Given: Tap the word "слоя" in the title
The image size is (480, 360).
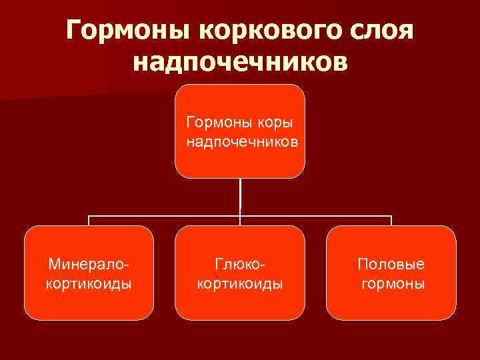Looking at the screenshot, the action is pos(379,30).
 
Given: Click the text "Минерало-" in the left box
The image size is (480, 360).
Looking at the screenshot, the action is pos(89,265).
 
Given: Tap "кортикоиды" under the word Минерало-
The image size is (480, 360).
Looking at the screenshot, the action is pos(89,283).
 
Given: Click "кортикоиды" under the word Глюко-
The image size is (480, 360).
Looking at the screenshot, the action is pos(240,283).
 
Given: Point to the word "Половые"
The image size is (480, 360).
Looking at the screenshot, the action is pos(391,265).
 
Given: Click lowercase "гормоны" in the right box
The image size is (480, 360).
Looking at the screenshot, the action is pos(393,283).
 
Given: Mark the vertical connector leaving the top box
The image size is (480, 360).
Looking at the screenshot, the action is pos(240,197).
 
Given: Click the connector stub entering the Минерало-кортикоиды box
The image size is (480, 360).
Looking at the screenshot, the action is pos(89,221).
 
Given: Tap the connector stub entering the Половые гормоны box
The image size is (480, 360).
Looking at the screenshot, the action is pos(391,221).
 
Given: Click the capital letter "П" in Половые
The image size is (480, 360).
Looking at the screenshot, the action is pos(363,265).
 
